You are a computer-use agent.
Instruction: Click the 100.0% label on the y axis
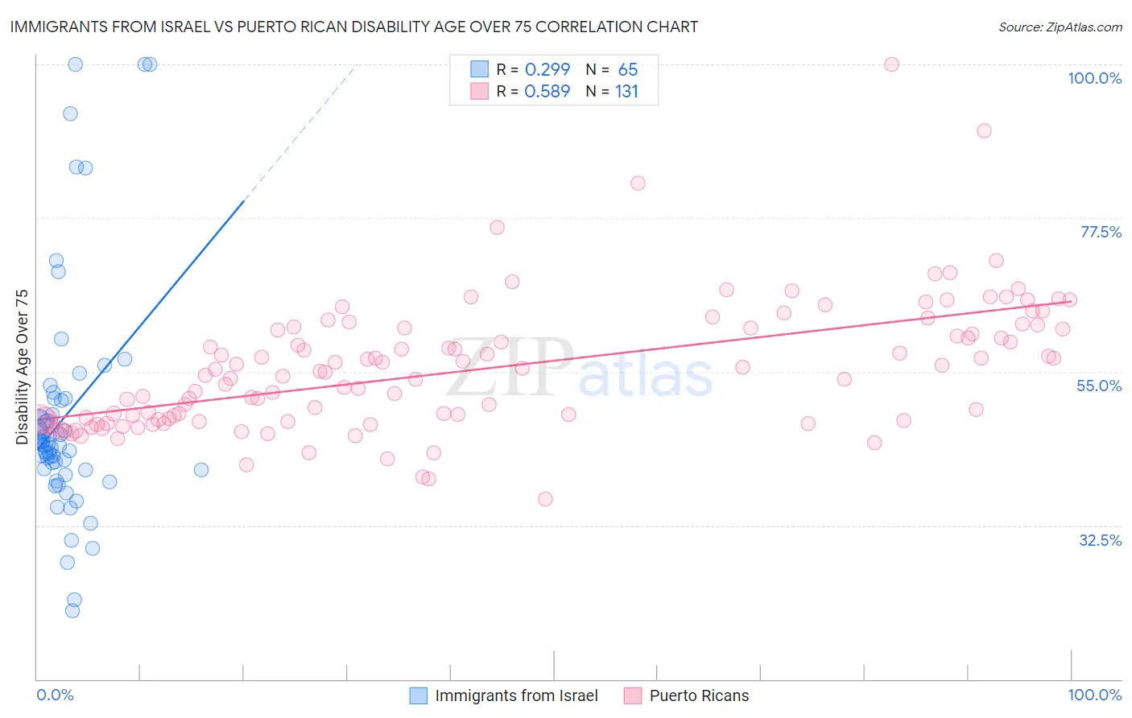1094,78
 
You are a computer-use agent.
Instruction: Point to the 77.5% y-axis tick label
1101,232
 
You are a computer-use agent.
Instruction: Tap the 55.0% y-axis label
1099,386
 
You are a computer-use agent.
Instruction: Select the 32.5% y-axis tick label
1100,540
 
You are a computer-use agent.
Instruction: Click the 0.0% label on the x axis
55,695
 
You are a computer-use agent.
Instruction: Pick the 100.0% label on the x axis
1094,695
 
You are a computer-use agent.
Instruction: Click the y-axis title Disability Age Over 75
22,367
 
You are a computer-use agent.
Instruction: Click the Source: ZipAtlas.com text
1060,27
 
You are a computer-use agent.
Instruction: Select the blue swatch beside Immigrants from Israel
419,695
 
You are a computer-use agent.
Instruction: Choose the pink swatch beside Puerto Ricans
633,695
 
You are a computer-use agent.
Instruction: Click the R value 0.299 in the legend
547,69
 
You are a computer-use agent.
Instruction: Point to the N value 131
626,92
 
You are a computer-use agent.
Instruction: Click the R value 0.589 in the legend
547,92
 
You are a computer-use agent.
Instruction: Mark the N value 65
628,69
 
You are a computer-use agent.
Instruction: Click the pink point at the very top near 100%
891,64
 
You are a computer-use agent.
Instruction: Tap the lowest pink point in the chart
545,499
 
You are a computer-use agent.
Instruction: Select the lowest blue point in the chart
72,611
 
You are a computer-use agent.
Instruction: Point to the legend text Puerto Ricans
699,695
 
